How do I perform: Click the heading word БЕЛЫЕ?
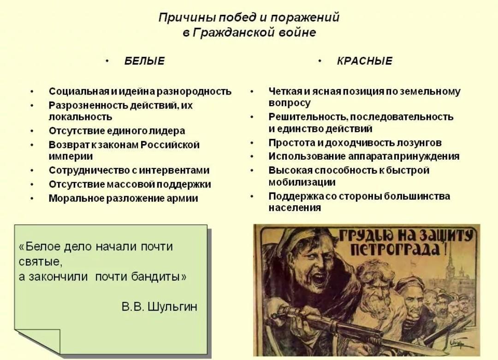click(x=144, y=61)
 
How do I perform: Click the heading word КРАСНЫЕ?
click(x=365, y=61)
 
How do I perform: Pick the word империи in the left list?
click(x=71, y=156)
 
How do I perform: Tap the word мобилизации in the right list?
click(x=302, y=182)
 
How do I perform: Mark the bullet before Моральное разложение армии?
click(x=32, y=198)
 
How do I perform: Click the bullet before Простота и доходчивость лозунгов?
click(x=252, y=143)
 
